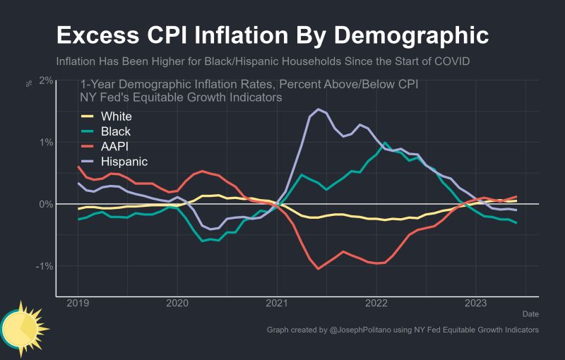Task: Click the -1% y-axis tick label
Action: pos(44,266)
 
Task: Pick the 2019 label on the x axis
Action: pos(78,304)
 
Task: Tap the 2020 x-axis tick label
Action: pos(177,304)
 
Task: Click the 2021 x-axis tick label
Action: pos(276,304)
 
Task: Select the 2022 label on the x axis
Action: pos(376,304)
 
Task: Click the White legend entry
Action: pos(116,116)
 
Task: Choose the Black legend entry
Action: pos(116,131)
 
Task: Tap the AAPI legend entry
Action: pos(115,146)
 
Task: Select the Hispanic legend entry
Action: pos(124,161)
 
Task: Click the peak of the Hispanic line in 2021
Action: pos(319,109)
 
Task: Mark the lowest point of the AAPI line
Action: pos(319,268)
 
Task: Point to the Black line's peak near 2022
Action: pos(385,143)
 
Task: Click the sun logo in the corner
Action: pos(23,327)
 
